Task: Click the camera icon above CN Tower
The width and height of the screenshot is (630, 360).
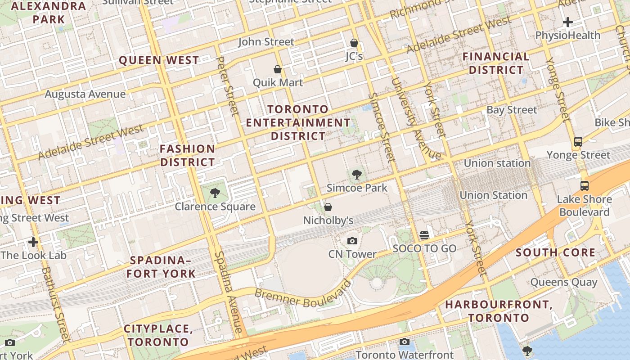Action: click(x=352, y=241)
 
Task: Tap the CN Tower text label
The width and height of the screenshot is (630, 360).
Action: click(x=352, y=254)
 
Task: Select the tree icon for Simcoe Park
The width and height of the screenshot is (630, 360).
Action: click(x=357, y=175)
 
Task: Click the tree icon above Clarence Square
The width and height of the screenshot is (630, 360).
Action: click(x=215, y=193)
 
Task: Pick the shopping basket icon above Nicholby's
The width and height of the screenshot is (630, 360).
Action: click(x=328, y=207)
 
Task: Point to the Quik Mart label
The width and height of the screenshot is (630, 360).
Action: click(x=278, y=83)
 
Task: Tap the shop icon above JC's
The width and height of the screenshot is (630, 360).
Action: click(x=354, y=43)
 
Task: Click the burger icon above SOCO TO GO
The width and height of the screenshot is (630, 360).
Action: click(x=424, y=235)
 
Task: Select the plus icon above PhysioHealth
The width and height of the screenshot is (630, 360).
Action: click(x=568, y=22)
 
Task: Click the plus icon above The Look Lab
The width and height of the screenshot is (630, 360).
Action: click(x=33, y=242)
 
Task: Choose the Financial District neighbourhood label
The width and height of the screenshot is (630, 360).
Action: click(x=496, y=63)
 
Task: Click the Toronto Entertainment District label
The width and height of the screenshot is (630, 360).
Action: click(x=298, y=122)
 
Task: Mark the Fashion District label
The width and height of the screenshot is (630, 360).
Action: click(x=188, y=155)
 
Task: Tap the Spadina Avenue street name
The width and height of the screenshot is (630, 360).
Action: click(x=228, y=292)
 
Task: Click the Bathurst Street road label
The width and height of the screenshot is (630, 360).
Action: click(x=55, y=304)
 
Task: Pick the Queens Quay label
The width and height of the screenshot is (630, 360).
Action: click(x=564, y=283)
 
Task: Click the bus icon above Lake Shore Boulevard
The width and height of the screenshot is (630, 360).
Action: click(x=584, y=185)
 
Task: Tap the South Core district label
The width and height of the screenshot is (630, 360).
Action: click(x=555, y=252)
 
